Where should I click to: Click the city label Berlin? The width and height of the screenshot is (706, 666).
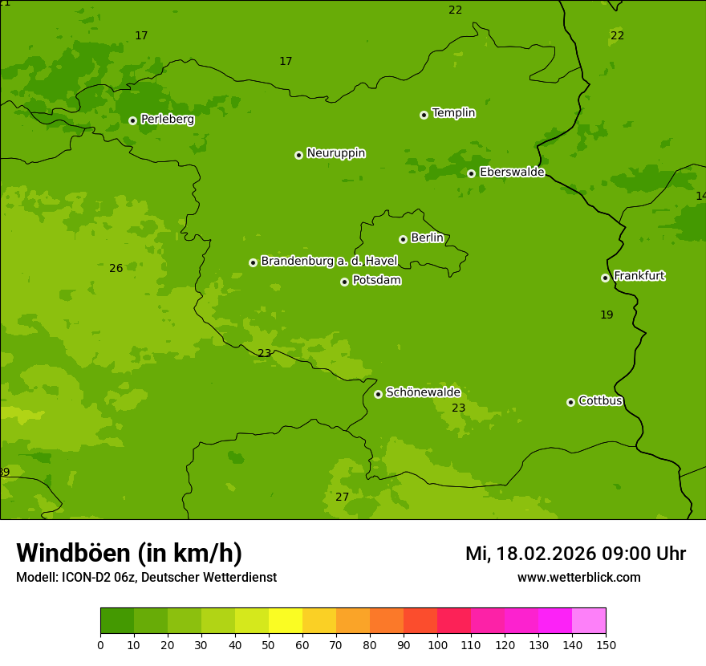pos(427,238)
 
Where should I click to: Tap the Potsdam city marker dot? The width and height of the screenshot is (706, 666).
pos(344,282)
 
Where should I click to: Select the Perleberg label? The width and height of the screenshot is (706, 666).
pos(167,120)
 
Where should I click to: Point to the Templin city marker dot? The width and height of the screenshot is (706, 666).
pos(424,115)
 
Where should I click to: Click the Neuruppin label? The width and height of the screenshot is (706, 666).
pos(335,153)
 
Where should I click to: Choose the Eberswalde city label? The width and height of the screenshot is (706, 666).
pos(512,173)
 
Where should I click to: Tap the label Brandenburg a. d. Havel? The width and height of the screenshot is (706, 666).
pos(329,261)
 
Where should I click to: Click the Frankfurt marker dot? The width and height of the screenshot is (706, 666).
pos(605,278)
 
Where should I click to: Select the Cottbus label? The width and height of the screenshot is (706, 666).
pos(600,400)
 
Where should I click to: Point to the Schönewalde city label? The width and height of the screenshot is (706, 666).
pos(423,392)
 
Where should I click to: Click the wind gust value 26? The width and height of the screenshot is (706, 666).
pos(116,268)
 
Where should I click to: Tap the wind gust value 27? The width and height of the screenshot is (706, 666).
pos(343,497)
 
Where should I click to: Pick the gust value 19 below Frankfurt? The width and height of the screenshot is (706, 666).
pos(607,315)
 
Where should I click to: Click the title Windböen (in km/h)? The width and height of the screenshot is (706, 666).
pos(129,553)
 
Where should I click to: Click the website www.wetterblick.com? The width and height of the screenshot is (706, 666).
pos(578,578)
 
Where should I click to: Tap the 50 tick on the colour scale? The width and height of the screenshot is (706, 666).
pos(269,644)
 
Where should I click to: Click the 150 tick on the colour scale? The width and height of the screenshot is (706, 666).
pos(606,644)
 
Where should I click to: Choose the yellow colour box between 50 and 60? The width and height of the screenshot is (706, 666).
pos(286,621)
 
